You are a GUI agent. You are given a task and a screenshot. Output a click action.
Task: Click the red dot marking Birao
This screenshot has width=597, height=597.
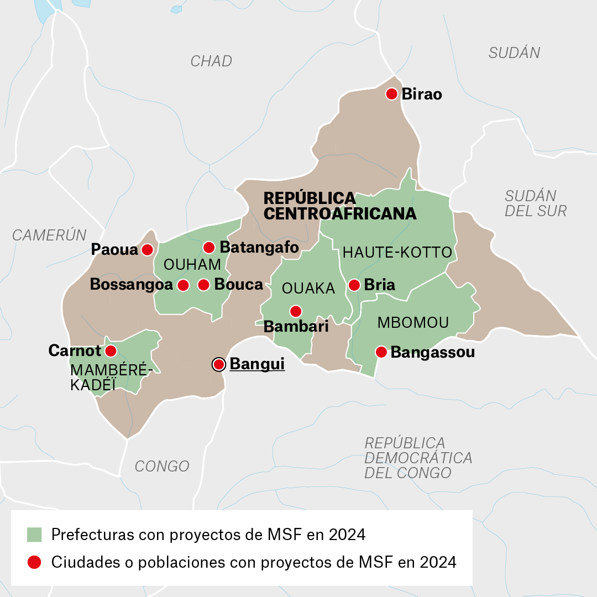click(392, 93)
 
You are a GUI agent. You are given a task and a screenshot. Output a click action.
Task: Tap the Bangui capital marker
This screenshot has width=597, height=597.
click(219, 364)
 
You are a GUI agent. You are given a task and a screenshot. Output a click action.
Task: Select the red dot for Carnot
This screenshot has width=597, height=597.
click(111, 350)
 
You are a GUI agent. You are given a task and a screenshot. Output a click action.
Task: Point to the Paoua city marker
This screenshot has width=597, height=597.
click(147, 250)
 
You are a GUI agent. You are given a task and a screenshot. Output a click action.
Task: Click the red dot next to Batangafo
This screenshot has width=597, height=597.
click(209, 247)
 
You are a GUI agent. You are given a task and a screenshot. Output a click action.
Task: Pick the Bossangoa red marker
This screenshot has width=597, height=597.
click(183, 285)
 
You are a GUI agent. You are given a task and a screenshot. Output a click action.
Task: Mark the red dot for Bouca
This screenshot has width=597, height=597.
click(203, 285)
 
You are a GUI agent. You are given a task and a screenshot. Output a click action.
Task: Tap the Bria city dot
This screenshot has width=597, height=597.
click(354, 285)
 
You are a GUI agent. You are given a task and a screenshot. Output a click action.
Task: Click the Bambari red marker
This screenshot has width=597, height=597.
click(296, 311)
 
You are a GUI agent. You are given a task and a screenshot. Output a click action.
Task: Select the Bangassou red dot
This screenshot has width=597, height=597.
click(381, 352)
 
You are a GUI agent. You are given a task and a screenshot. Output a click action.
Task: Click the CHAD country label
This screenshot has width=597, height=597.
click(211, 61)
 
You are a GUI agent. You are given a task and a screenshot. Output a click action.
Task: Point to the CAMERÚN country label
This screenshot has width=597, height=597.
click(50, 235)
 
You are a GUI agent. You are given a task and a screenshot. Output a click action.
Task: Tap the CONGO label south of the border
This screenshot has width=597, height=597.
click(162, 466)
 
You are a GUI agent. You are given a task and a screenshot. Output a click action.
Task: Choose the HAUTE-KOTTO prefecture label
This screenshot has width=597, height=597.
click(397, 253)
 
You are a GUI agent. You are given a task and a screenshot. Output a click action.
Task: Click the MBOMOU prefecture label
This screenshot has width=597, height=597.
click(413, 323)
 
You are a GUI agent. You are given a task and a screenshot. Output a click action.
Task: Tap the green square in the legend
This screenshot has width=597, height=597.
click(34, 535)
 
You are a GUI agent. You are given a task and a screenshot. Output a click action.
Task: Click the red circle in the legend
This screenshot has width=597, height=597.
click(34, 562)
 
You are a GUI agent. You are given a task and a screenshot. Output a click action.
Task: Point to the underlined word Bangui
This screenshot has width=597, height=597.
click(257, 364)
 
